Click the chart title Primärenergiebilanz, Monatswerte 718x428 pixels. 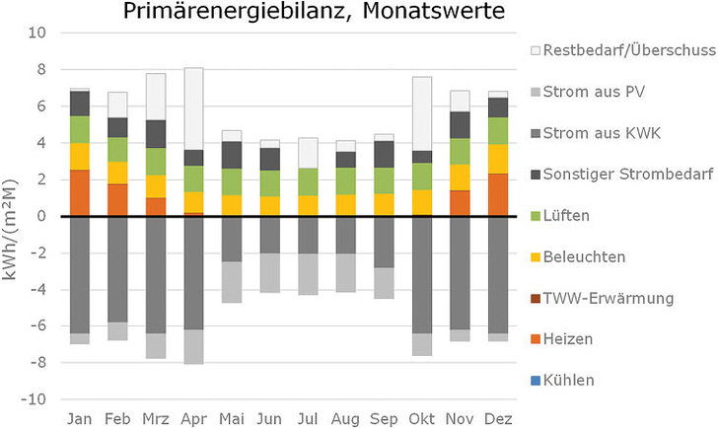pyautogui.click(x=314, y=13)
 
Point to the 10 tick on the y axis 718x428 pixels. pyautogui.click(x=36, y=33)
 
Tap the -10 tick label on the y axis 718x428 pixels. pyautogui.click(x=34, y=400)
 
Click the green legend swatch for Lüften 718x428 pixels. pyautogui.click(x=535, y=215)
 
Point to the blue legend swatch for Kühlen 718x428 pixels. pyautogui.click(x=535, y=380)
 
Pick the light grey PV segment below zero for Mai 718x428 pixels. pyautogui.click(x=232, y=282)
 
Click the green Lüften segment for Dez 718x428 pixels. pyautogui.click(x=499, y=131)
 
